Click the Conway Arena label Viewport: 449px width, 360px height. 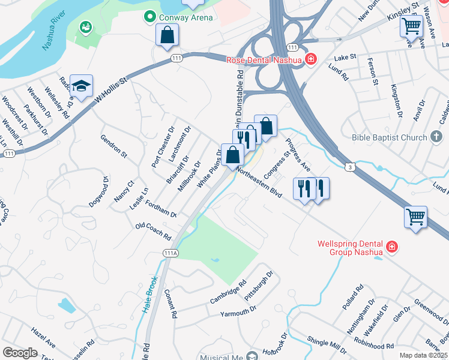[185, 17]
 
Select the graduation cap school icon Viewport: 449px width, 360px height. [81, 87]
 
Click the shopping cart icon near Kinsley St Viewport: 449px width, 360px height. [411, 26]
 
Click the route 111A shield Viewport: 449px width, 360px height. [170, 253]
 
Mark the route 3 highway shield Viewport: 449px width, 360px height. [349, 167]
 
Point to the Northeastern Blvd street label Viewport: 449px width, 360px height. [259, 181]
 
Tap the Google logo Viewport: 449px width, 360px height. [20, 353]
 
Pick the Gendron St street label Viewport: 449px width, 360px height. [113, 145]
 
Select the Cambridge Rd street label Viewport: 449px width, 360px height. [228, 292]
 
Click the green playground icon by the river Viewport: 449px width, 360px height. [86, 26]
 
